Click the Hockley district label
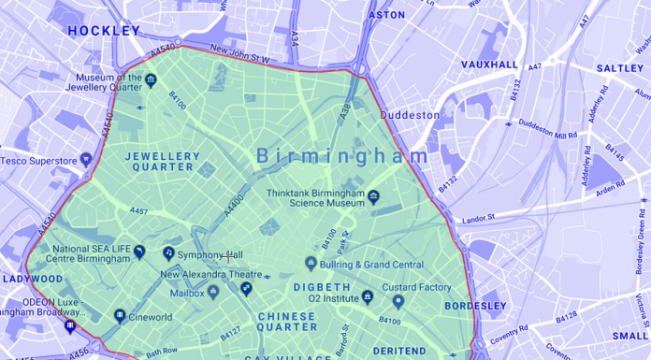(x=103, y=31)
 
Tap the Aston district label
(x=387, y=15)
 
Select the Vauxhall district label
(x=489, y=65)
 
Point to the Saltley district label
(x=620, y=68)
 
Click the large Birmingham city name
(x=342, y=155)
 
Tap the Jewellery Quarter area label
(x=163, y=162)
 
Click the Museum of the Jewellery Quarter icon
(x=151, y=80)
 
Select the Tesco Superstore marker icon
(x=86, y=159)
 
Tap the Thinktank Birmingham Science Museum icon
(x=373, y=196)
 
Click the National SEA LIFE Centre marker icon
(x=139, y=252)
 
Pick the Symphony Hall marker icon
(x=168, y=252)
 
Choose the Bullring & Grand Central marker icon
(x=311, y=264)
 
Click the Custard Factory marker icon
(x=398, y=301)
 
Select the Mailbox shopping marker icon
(x=212, y=293)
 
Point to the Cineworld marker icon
(x=120, y=316)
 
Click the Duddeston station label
(x=409, y=115)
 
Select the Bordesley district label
(x=475, y=306)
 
